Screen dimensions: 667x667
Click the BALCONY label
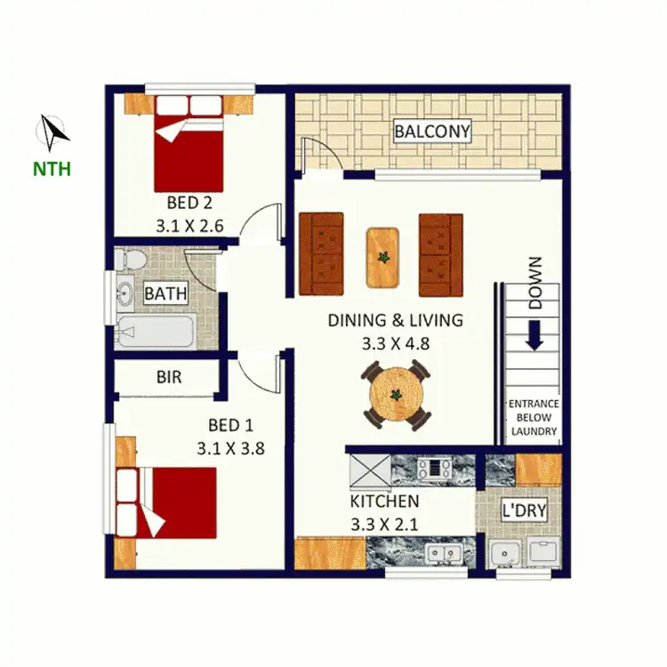(x=432, y=132)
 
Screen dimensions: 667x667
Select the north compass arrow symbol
(x=52, y=133)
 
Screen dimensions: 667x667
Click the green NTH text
(x=52, y=169)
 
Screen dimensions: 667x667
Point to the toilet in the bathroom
(x=130, y=259)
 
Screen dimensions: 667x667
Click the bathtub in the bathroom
(x=153, y=333)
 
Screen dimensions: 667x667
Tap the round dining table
(x=397, y=396)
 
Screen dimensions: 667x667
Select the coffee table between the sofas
(x=382, y=257)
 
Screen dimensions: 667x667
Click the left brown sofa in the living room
(x=321, y=254)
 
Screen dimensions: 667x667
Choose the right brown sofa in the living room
(x=441, y=254)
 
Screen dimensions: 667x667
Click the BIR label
(x=169, y=377)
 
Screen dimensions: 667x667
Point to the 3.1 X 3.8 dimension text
(x=230, y=448)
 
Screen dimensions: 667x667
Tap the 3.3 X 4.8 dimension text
(x=397, y=342)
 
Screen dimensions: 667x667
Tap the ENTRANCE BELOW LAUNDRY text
(x=534, y=418)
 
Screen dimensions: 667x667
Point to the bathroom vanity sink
(x=125, y=293)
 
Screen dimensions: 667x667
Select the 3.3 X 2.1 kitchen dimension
(x=384, y=525)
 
